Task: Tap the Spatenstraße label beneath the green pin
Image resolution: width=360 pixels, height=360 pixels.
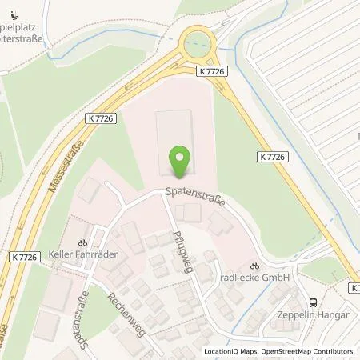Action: (x=195, y=195)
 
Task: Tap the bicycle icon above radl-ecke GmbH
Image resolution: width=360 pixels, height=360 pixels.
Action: (x=254, y=266)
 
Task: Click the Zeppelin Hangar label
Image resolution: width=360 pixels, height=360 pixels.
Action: (x=311, y=314)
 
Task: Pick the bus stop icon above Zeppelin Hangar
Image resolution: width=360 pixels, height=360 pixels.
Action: (x=312, y=302)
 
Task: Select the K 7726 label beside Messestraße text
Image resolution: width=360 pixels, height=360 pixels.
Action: (x=101, y=118)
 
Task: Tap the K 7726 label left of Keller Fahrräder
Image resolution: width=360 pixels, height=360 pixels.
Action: (x=26, y=257)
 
